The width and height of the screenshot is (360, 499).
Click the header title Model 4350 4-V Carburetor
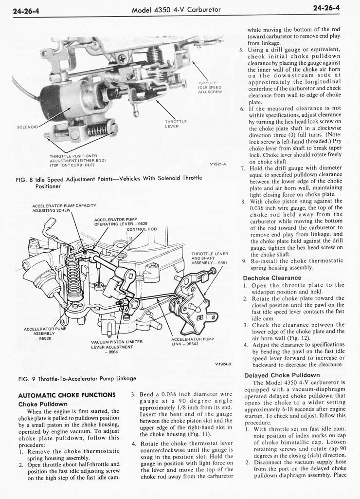[x=177, y=9]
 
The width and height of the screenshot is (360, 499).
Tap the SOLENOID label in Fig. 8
[x=27, y=127]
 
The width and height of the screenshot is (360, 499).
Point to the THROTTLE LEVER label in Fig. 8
[x=176, y=124]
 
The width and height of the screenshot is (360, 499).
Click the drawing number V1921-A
[x=217, y=164]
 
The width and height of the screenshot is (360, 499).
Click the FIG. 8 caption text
[x=109, y=182]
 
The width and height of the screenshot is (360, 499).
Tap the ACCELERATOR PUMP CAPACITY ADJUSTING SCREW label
[x=64, y=208]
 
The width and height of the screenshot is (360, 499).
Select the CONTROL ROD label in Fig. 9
[x=142, y=229]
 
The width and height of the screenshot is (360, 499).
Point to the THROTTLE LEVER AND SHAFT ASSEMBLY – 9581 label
[x=210, y=258]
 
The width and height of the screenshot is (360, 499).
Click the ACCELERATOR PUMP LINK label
[x=192, y=341]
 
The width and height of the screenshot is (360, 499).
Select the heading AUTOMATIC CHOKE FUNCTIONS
[x=67, y=395]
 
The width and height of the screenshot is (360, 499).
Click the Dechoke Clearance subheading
[x=272, y=278]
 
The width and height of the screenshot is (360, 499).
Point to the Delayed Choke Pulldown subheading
[x=282, y=375]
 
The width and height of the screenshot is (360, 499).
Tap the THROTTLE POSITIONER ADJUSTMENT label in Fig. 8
[x=78, y=160]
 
